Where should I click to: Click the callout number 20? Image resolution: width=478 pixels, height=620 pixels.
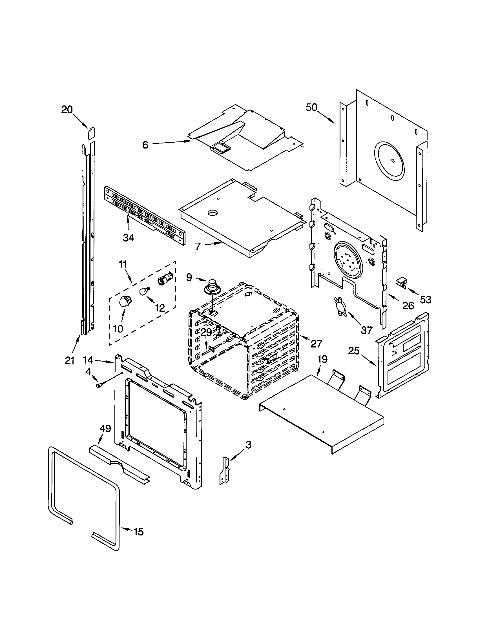[67, 110]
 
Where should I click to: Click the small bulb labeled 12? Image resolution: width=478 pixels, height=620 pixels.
[145, 291]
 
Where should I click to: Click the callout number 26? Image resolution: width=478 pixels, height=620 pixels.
[408, 305]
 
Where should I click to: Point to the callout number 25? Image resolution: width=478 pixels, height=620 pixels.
[354, 351]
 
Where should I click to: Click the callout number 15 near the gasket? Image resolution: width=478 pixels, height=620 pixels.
[138, 532]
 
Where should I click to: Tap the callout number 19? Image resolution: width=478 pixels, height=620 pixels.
[322, 359]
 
